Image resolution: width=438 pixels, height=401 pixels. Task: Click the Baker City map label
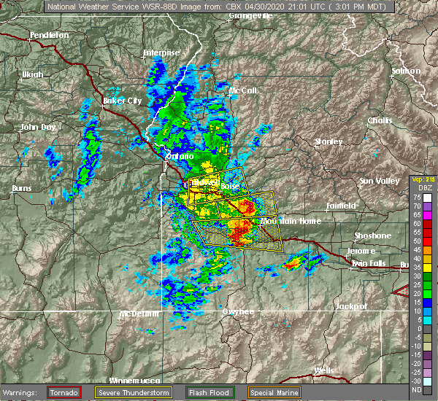(x=123, y=101)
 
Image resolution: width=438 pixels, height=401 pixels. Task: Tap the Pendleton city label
(x=50, y=35)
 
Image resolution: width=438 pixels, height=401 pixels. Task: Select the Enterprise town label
(x=161, y=52)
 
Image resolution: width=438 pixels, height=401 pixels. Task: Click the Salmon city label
(x=406, y=71)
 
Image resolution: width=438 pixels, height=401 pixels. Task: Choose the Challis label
(x=380, y=120)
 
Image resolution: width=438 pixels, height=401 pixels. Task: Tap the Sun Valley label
(x=377, y=180)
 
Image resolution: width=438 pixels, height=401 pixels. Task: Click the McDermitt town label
(x=139, y=314)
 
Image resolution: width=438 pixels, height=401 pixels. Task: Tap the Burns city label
(x=21, y=189)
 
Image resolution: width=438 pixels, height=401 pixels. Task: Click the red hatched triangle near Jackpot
(x=401, y=290)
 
